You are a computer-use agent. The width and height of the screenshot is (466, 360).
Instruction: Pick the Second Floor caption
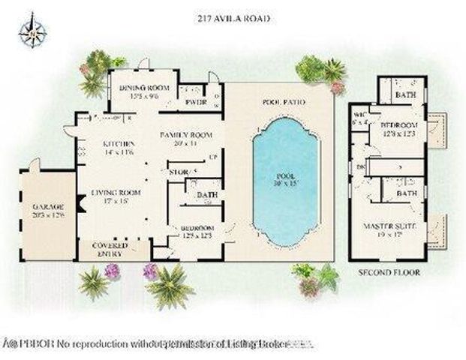click(389, 272)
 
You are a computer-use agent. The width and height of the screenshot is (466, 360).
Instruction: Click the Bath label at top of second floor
click(406, 96)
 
